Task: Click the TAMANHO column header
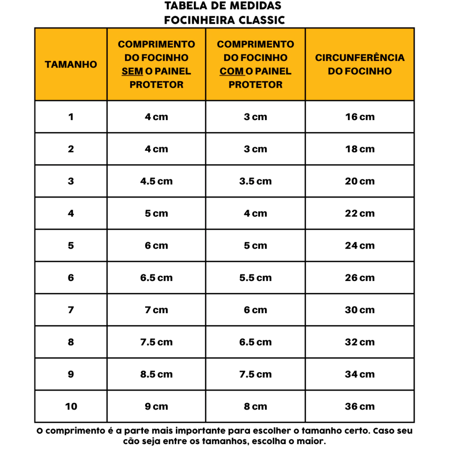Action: click(71, 64)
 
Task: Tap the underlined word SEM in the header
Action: click(132, 71)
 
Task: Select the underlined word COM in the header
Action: click(232, 71)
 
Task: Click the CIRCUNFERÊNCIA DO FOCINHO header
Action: click(360, 64)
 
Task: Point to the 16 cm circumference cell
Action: click(360, 117)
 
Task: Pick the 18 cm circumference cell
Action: click(360, 149)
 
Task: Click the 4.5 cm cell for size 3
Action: click(156, 181)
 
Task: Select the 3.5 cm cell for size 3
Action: click(255, 181)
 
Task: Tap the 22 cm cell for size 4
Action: click(360, 214)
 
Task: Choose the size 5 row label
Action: click(71, 246)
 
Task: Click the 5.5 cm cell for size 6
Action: click(255, 278)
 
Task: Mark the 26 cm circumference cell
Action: click(360, 278)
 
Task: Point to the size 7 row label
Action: click(71, 310)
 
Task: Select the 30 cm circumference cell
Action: click(360, 310)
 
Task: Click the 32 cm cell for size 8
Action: click(360, 342)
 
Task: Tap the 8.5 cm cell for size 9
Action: click(156, 374)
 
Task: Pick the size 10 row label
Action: click(71, 406)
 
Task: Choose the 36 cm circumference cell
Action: click(360, 406)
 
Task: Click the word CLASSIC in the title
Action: click(262, 20)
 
